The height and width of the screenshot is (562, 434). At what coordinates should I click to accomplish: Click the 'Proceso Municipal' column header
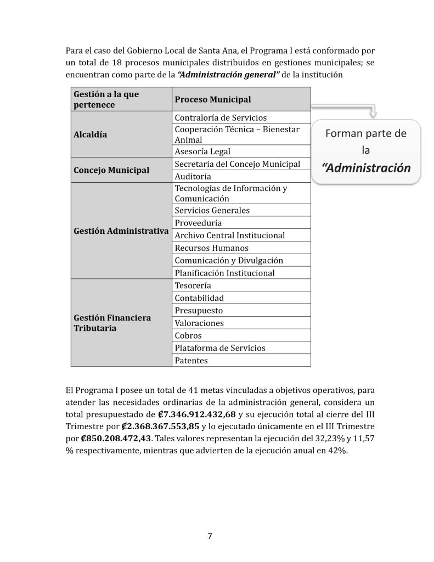[x=212, y=99]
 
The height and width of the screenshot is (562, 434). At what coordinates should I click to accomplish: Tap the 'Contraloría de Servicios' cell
[x=220, y=117]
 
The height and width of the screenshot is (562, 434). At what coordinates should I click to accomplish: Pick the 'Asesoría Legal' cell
[x=202, y=151]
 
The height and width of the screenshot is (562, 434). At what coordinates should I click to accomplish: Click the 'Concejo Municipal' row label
[x=111, y=170]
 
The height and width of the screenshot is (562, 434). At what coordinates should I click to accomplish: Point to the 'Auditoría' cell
[x=192, y=177]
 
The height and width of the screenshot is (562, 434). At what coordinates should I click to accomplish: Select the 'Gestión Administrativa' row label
[x=121, y=231]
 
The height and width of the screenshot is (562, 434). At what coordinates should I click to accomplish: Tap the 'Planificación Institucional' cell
[x=224, y=273]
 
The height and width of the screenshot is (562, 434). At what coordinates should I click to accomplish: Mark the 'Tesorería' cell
[x=193, y=285]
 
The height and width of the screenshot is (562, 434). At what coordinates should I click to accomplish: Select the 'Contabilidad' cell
[x=199, y=298]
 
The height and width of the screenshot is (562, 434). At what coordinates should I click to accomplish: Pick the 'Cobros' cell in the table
[x=188, y=335]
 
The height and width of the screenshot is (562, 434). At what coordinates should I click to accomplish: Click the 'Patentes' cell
[x=191, y=361]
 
